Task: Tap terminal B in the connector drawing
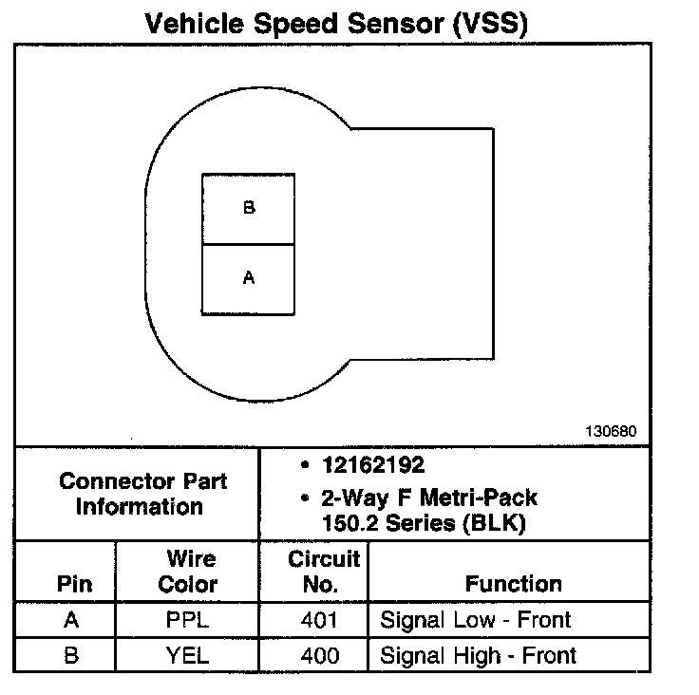tap(249, 208)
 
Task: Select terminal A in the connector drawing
tap(249, 278)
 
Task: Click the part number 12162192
tap(373, 465)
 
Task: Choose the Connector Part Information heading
tap(142, 494)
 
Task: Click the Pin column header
tap(74, 583)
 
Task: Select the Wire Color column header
tap(187, 572)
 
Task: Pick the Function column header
tap(514, 584)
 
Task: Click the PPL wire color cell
tap(187, 621)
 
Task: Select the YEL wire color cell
tap(187, 654)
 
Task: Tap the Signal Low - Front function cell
tap(476, 621)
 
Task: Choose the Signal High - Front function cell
tap(479, 654)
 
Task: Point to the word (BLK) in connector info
tap(499, 523)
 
